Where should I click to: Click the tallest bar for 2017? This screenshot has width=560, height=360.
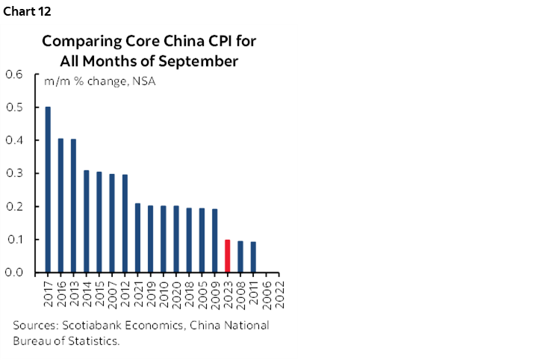pyautogui.click(x=49, y=190)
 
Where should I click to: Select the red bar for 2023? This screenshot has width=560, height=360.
pyautogui.click(x=228, y=255)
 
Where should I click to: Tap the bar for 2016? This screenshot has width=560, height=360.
pyautogui.click(x=61, y=205)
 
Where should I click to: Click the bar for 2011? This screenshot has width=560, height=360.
pyautogui.click(x=253, y=257)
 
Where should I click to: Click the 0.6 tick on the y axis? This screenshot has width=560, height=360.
pyautogui.click(x=15, y=74)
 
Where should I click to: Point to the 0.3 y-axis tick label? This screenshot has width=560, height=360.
pyautogui.click(x=15, y=173)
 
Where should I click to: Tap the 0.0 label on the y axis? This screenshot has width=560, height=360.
pyautogui.click(x=15, y=273)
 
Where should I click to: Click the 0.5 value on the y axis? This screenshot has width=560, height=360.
pyautogui.click(x=15, y=108)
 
